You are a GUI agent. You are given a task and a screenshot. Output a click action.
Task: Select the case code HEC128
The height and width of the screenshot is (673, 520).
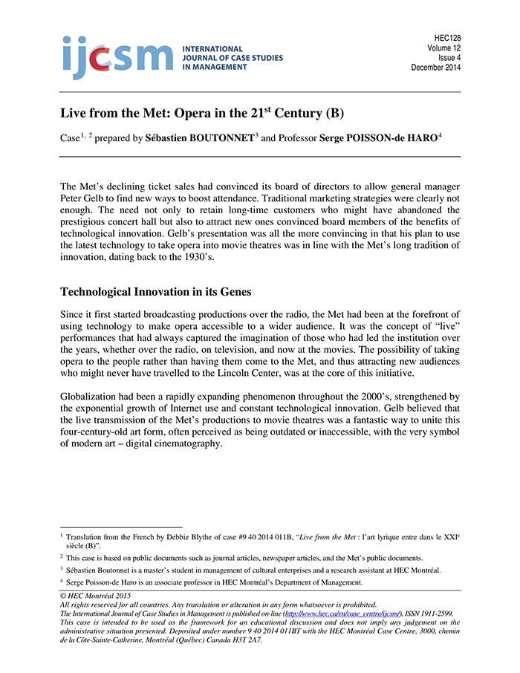pos(446,37)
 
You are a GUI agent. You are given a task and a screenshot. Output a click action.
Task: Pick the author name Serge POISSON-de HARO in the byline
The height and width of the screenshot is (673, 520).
pos(377,137)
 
